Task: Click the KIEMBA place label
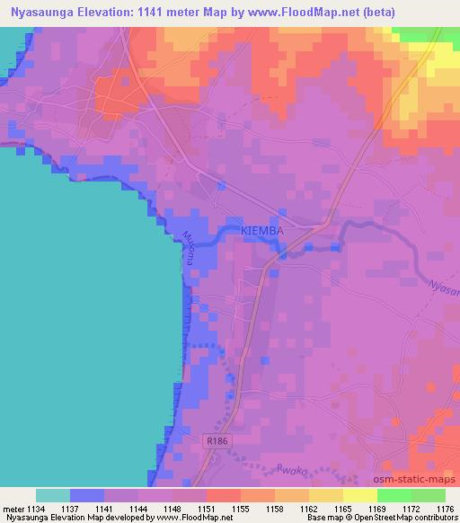(262, 232)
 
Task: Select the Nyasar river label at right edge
(444, 289)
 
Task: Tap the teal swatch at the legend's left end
(53, 495)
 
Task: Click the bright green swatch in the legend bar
(394, 495)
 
